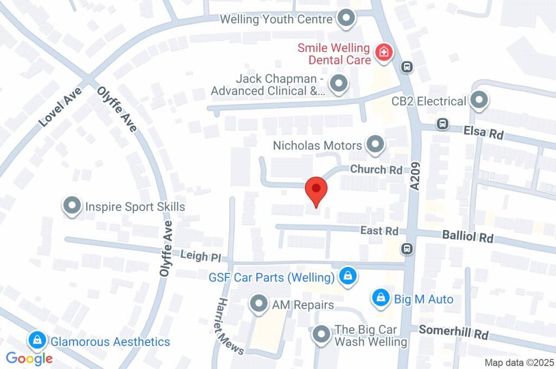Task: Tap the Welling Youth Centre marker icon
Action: tap(346, 19)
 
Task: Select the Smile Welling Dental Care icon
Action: tap(384, 53)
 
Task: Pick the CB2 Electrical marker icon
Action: tap(479, 100)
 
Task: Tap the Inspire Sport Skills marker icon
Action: tap(71, 206)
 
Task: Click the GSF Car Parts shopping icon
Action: tap(346, 277)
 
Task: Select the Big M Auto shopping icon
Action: tap(381, 298)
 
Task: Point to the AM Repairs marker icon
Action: tap(258, 304)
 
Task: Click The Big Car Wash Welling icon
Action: tap(321, 334)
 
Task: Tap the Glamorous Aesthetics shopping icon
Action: tap(37, 341)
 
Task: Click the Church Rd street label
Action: tap(376, 169)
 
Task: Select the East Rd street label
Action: tap(379, 231)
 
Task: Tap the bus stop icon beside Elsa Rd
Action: tap(443, 124)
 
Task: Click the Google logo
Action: tap(29, 358)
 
